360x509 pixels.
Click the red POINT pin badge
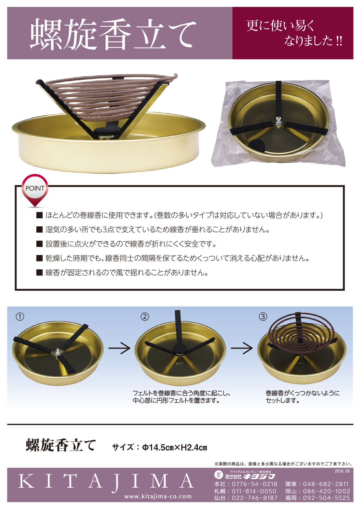[x=35, y=190]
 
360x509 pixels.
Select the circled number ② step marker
[x=145, y=317]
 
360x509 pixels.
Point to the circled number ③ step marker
[x=263, y=317]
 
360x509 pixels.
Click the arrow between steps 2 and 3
[x=242, y=348]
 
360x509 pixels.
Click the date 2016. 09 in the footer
[x=342, y=471]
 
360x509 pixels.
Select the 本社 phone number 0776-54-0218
[x=255, y=484]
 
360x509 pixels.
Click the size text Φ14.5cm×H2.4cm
[x=175, y=448]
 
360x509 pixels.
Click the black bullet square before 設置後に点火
[x=39, y=244]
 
